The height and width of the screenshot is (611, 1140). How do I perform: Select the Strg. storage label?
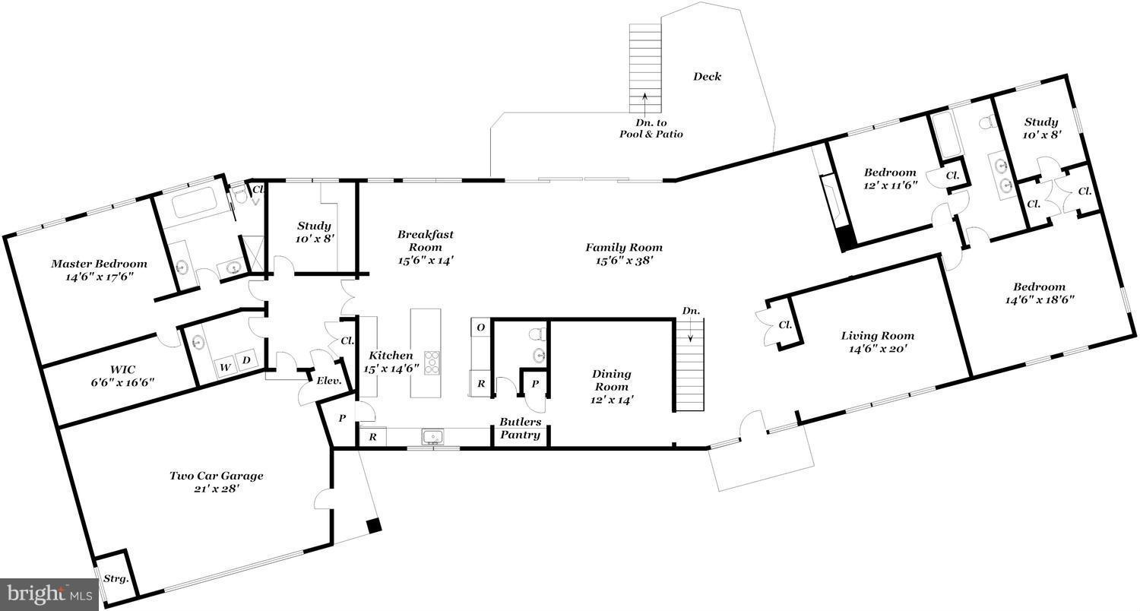pyautogui.click(x=116, y=578)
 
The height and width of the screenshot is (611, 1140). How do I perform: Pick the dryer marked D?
pyautogui.click(x=246, y=360)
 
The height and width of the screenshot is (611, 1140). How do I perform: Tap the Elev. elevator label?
pyautogui.click(x=329, y=381)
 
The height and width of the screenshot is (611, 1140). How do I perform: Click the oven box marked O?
pyautogui.click(x=480, y=327)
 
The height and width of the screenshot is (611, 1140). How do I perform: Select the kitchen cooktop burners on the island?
pyautogui.click(x=432, y=362)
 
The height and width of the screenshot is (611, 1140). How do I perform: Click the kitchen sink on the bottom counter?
pyautogui.click(x=432, y=436)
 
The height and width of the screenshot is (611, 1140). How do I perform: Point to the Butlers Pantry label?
pyautogui.click(x=520, y=428)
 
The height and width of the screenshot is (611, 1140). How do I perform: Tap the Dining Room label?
pyautogui.click(x=611, y=387)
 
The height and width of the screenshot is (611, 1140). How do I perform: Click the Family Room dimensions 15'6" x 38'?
pyautogui.click(x=624, y=261)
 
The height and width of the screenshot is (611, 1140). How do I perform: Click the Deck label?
pyautogui.click(x=707, y=76)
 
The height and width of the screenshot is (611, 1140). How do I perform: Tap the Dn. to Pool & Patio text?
pyautogui.click(x=651, y=128)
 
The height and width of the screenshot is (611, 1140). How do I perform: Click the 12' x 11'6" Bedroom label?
pyautogui.click(x=890, y=178)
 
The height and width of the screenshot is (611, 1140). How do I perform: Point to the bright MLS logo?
pyautogui.click(x=49, y=594)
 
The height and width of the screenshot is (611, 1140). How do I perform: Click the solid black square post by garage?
pyautogui.click(x=374, y=526)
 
